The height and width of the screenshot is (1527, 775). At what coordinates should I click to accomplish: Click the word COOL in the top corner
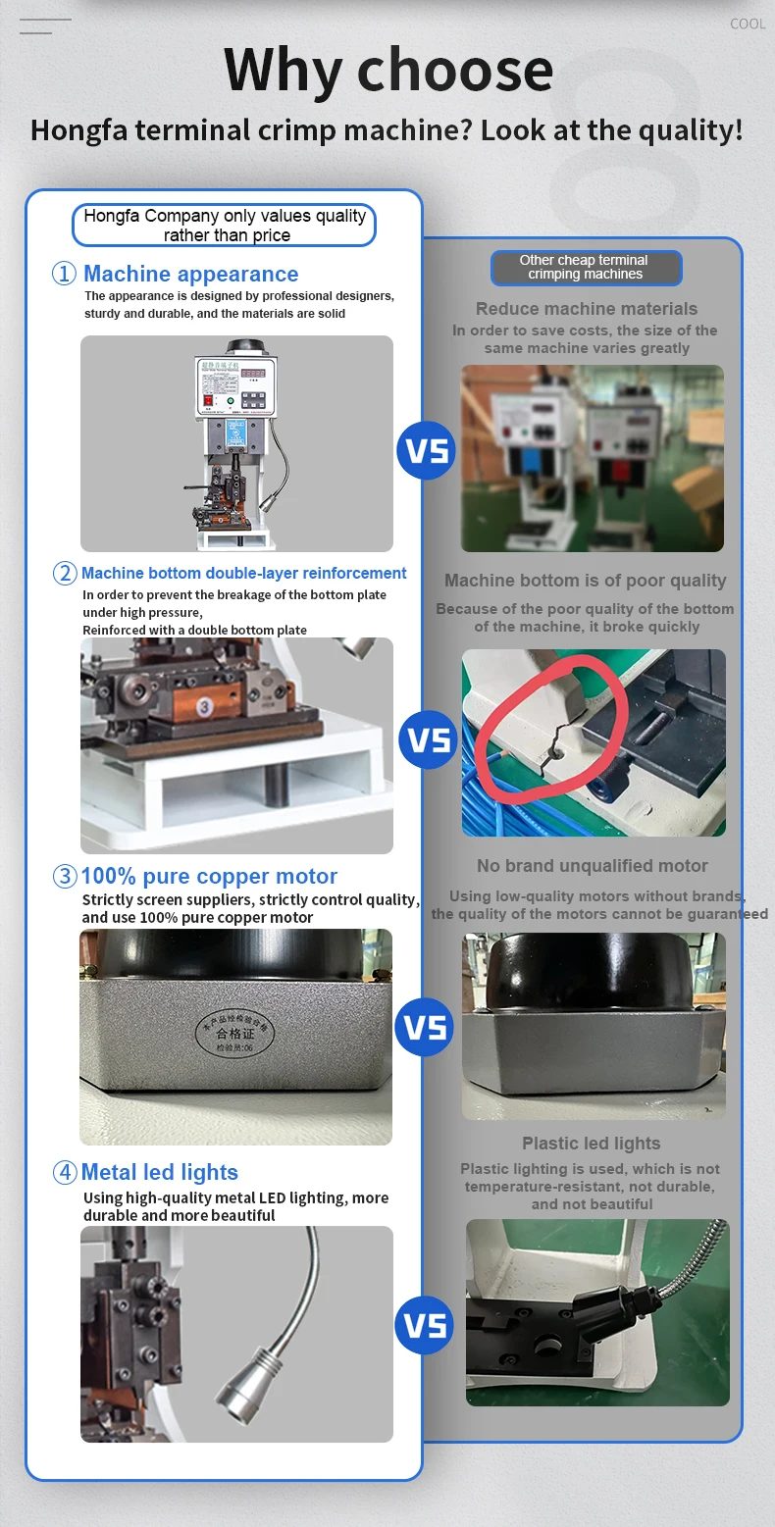(x=748, y=24)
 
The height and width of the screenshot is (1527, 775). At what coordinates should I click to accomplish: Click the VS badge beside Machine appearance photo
(x=427, y=451)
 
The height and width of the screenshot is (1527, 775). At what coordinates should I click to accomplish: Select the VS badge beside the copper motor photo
(x=425, y=1027)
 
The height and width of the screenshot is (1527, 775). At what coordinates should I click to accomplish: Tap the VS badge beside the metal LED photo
(x=425, y=1326)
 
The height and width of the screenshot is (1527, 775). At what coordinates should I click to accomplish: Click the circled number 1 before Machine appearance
(x=64, y=274)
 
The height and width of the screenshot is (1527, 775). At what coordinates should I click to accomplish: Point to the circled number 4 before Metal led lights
(x=65, y=1172)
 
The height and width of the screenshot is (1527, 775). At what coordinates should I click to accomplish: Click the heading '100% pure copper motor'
(x=209, y=876)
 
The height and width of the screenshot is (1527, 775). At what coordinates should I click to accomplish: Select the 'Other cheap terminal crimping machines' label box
(x=585, y=268)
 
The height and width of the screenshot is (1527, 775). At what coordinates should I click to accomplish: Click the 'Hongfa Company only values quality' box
(x=225, y=226)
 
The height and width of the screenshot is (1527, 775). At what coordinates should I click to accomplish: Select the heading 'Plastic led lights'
(x=591, y=1144)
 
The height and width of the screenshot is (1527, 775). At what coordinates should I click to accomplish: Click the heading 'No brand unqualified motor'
(x=592, y=866)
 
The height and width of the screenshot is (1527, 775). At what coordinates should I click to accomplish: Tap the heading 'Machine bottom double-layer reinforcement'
(x=243, y=573)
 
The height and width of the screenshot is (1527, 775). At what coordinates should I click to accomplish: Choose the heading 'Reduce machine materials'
(x=587, y=309)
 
